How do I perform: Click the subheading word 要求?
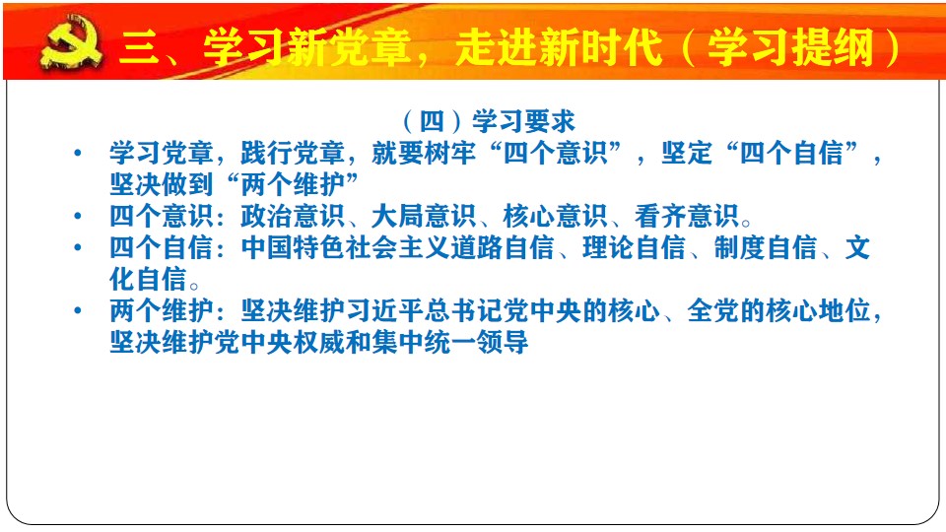pyautogui.click(x=550, y=121)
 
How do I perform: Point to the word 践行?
pyautogui.click(x=267, y=153)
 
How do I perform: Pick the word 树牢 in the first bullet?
pyautogui.click(x=450, y=153)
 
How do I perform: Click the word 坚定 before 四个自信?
pyautogui.click(x=687, y=153)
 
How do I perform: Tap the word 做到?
pyautogui.click(x=187, y=184)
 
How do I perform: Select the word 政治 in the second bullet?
pyautogui.click(x=267, y=216)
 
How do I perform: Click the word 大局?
pyautogui.click(x=398, y=216)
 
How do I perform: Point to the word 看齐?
pyautogui.click(x=660, y=216)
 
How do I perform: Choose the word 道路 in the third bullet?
pyautogui.click(x=477, y=247)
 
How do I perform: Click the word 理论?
pyautogui.click(x=608, y=247)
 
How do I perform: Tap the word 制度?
pyautogui.click(x=740, y=247)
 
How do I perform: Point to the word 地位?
pyautogui.click(x=845, y=310)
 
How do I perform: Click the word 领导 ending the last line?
pyautogui.click(x=504, y=342)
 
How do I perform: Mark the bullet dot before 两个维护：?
pyautogui.click(x=77, y=310)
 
